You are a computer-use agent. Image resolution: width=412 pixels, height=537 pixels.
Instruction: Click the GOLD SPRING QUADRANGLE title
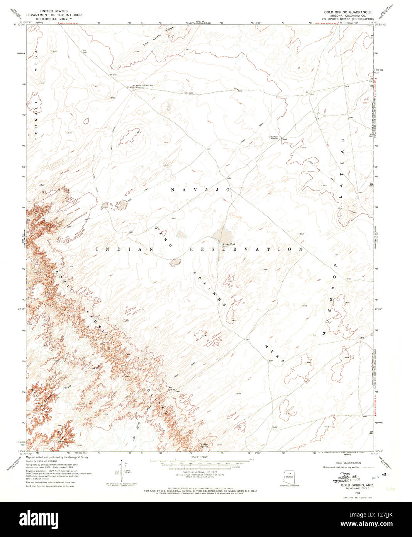tap(348, 12)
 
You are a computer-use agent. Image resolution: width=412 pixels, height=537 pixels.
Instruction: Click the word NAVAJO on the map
tap(200, 190)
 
